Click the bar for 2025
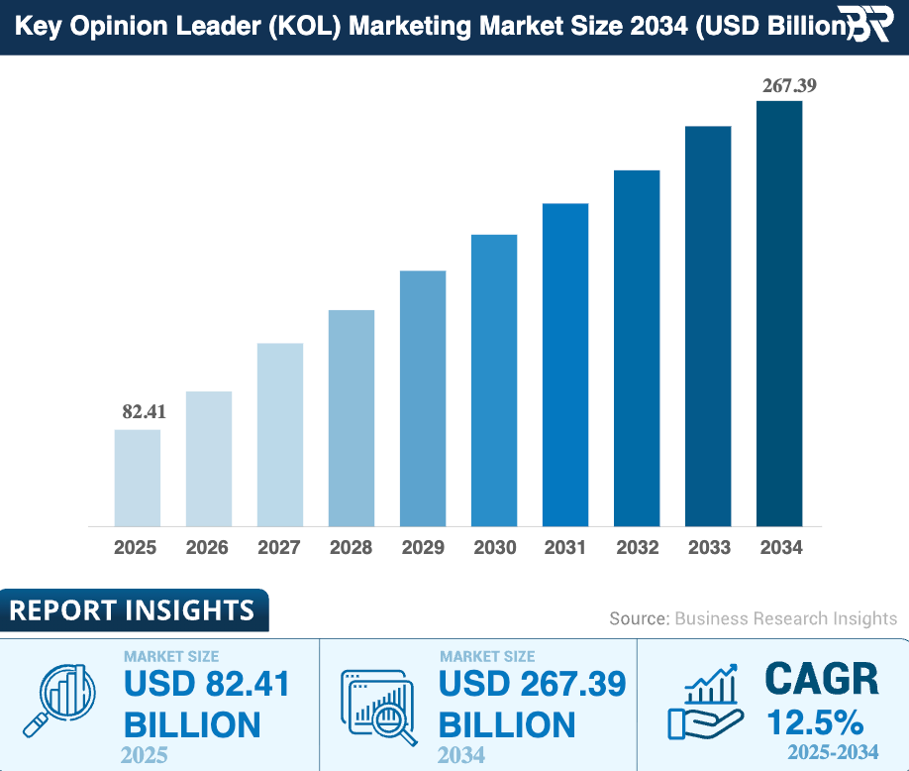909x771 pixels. coord(137,477)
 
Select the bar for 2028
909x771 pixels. coord(351,417)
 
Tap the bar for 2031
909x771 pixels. coord(565,364)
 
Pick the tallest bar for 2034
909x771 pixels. coord(779,312)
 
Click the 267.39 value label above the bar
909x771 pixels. coord(788,86)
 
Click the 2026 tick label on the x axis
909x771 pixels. coord(207,548)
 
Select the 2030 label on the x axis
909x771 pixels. coord(493,548)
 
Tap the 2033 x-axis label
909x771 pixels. coord(709,548)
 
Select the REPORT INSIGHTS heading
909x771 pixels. coord(132,610)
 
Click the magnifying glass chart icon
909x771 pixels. coord(66,695)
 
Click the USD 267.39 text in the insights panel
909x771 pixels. coord(532,684)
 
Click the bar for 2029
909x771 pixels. coord(423,397)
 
